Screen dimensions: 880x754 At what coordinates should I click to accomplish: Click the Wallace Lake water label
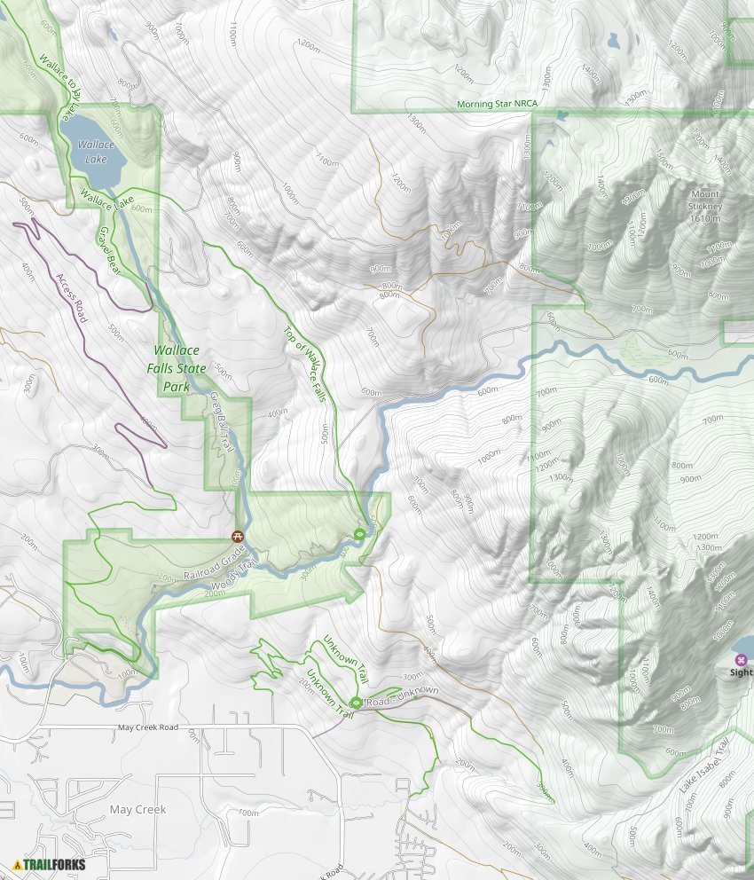click(x=95, y=152)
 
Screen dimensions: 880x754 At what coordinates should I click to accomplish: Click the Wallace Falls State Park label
click(x=180, y=368)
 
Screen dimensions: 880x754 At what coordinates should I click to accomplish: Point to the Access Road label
click(x=68, y=298)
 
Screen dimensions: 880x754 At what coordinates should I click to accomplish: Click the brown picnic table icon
click(x=238, y=536)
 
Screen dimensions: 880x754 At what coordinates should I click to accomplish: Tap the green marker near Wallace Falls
click(x=359, y=533)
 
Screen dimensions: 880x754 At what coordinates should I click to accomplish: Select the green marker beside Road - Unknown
click(x=356, y=703)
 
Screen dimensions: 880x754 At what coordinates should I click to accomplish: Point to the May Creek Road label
click(x=148, y=727)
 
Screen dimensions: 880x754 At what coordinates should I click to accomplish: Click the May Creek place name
click(x=137, y=810)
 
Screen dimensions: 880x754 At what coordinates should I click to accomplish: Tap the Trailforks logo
click(x=43, y=864)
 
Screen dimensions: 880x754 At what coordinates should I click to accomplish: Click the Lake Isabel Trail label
click(x=704, y=764)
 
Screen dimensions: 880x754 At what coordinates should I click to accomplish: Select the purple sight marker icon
click(x=741, y=659)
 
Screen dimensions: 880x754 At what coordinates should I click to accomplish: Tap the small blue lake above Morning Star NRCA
click(x=613, y=41)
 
